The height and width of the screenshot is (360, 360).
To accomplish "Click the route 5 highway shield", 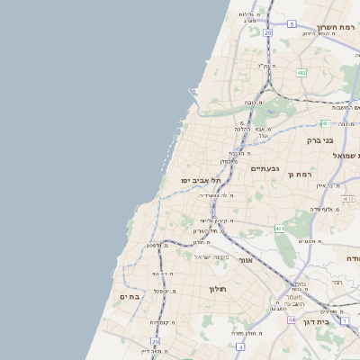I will point(292,24).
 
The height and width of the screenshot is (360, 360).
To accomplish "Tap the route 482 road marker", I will point(301,72).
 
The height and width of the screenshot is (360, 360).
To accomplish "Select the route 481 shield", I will point(325,123).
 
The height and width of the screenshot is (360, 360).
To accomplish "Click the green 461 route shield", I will point(280,229).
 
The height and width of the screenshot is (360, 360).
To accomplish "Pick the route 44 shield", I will point(291,319).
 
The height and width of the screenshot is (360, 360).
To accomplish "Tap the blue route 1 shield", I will point(344,320).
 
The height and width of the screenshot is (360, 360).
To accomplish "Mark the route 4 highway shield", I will point(240,346).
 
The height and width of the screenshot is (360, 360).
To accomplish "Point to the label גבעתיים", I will point(265,168).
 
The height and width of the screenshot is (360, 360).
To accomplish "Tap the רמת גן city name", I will point(324,174).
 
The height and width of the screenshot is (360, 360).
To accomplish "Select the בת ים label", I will point(129,296).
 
